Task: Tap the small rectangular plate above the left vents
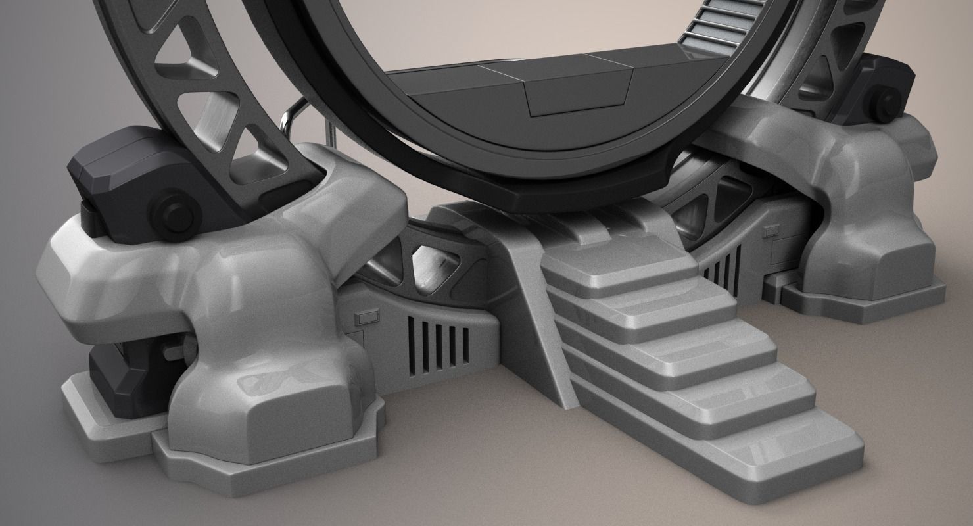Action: tap(364, 319)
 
